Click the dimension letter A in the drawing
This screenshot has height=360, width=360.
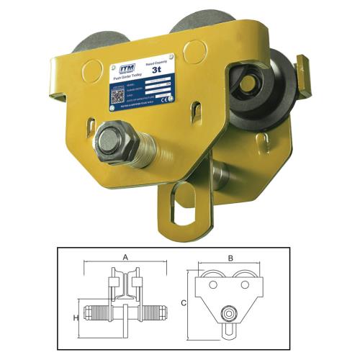click(x=125, y=256)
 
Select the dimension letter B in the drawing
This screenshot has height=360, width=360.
click(x=230, y=256)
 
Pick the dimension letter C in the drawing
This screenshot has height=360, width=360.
click(x=184, y=304)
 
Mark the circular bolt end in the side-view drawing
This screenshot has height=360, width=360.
click(x=230, y=315)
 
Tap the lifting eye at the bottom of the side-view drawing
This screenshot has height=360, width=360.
click(x=230, y=330)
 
